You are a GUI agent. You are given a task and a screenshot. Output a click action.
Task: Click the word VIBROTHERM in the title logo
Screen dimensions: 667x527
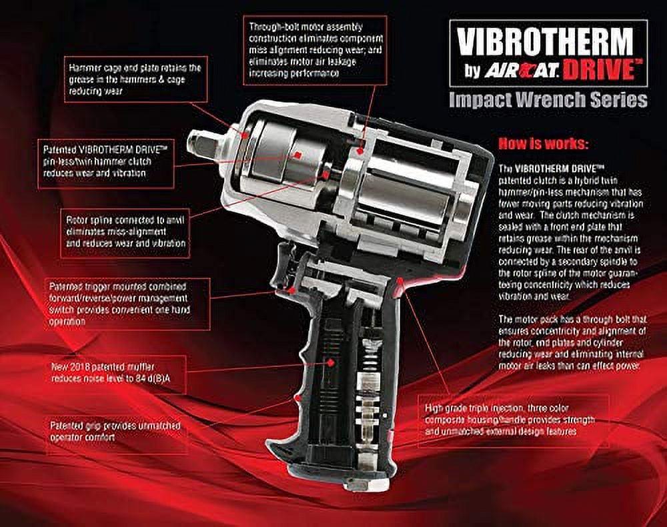click(x=546, y=43)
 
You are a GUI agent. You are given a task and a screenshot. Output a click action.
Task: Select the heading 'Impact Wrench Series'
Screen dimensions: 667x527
click(x=548, y=99)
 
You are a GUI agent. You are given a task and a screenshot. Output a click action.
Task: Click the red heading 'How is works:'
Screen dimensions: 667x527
click(x=543, y=144)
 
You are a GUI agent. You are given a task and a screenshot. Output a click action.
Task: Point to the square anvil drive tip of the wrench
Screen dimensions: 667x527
click(x=200, y=145)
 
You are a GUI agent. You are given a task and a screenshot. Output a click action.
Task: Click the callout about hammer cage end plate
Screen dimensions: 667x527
click(x=135, y=79)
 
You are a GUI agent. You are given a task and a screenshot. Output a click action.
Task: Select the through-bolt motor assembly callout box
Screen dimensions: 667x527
click(x=315, y=50)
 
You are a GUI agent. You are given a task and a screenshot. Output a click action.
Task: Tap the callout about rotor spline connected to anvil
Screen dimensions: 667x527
click(x=125, y=231)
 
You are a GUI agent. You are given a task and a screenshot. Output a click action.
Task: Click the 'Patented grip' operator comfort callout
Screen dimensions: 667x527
click(x=116, y=432)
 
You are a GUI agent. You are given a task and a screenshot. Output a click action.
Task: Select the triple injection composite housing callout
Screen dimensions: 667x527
click(x=513, y=420)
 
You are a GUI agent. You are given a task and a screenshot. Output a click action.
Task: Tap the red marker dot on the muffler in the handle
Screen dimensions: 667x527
click(x=330, y=362)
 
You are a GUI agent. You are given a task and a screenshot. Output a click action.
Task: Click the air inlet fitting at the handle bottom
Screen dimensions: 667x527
click(x=360, y=484)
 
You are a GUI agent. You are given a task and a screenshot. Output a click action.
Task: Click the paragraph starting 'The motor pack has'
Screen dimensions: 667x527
click(x=572, y=342)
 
